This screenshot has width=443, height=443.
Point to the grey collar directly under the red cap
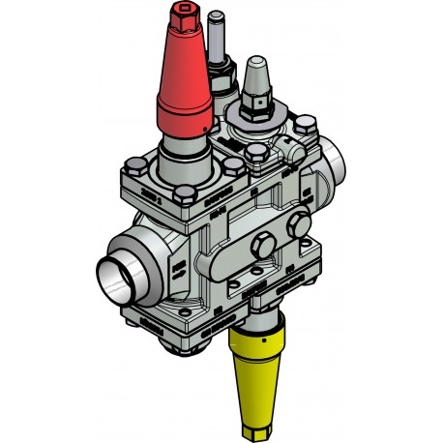click(x=184, y=150)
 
